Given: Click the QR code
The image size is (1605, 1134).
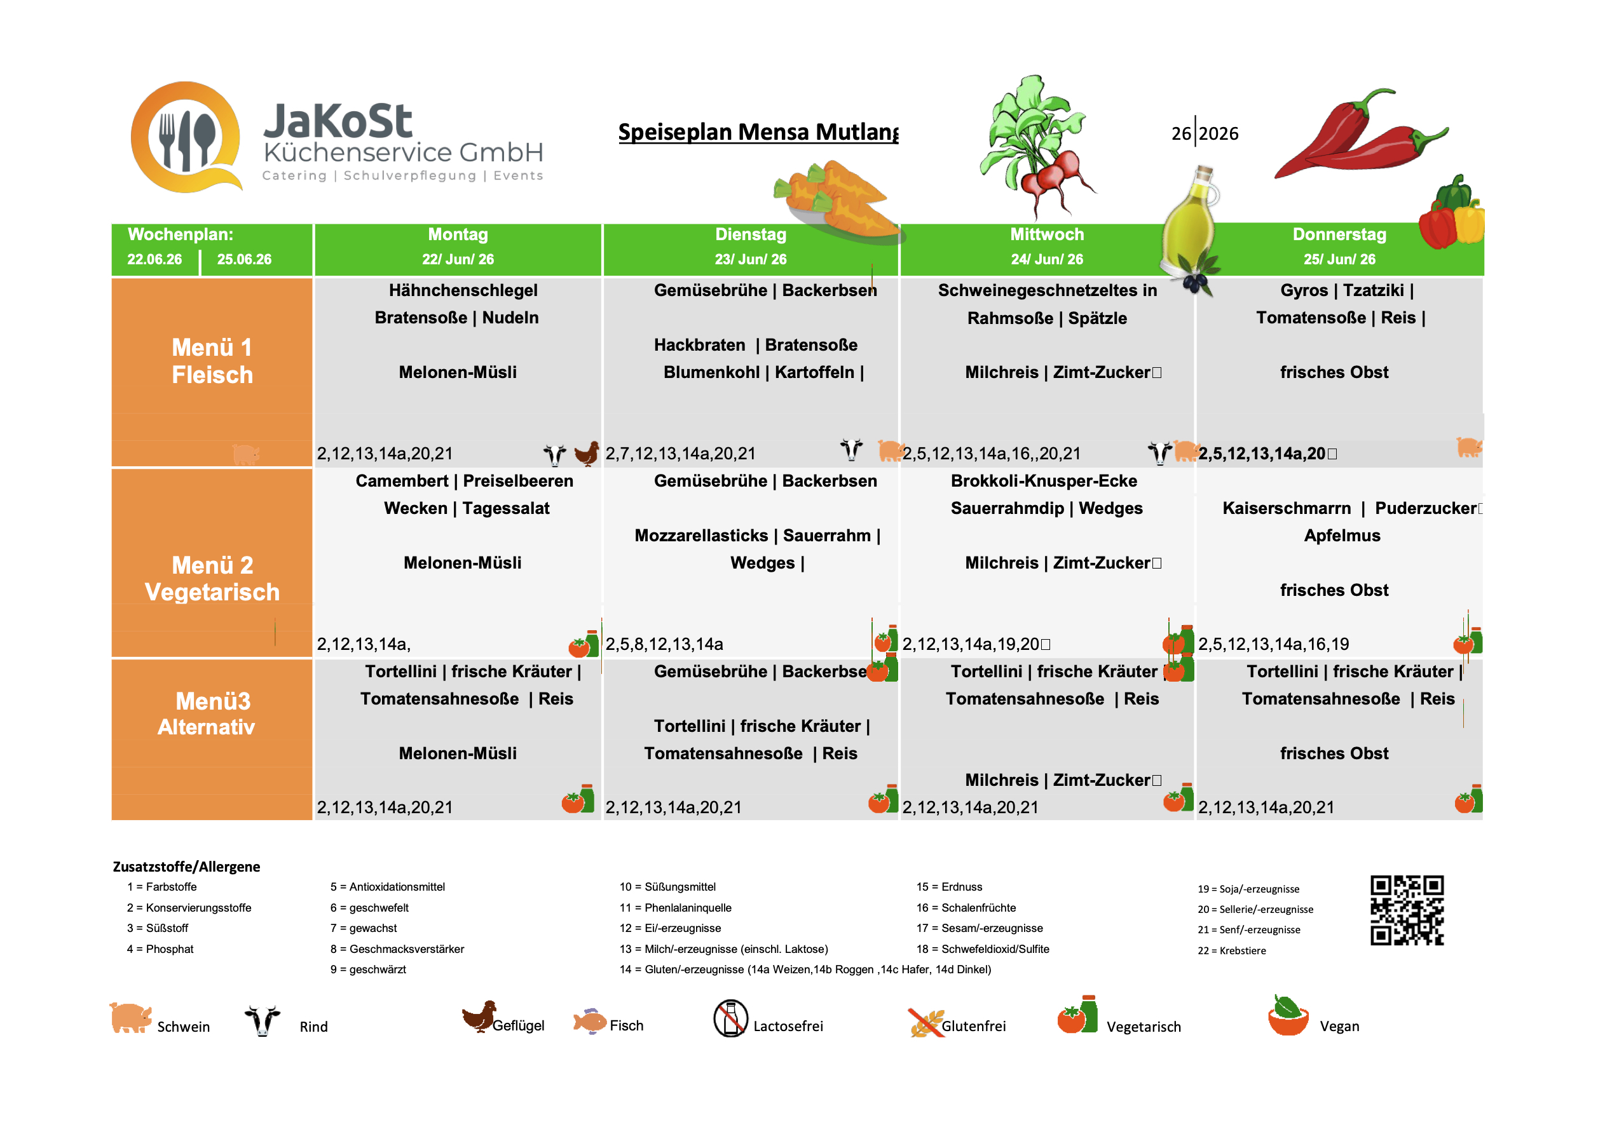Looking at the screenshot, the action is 1407,910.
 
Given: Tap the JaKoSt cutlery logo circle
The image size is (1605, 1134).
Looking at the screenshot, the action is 186,137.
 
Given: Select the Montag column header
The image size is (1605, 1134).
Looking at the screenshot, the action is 458,246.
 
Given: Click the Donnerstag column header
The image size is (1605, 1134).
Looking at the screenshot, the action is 1339,246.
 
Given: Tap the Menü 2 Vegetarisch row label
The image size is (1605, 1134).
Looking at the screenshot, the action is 212,578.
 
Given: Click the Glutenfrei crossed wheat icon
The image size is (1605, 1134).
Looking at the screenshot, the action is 925,1023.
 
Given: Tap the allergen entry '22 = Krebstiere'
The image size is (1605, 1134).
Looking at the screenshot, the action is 1231,950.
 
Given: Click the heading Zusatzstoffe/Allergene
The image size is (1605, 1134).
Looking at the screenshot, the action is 186,867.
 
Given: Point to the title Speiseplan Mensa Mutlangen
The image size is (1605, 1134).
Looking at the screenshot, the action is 758,132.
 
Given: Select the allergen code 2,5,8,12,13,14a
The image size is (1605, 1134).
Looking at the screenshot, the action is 664,644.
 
